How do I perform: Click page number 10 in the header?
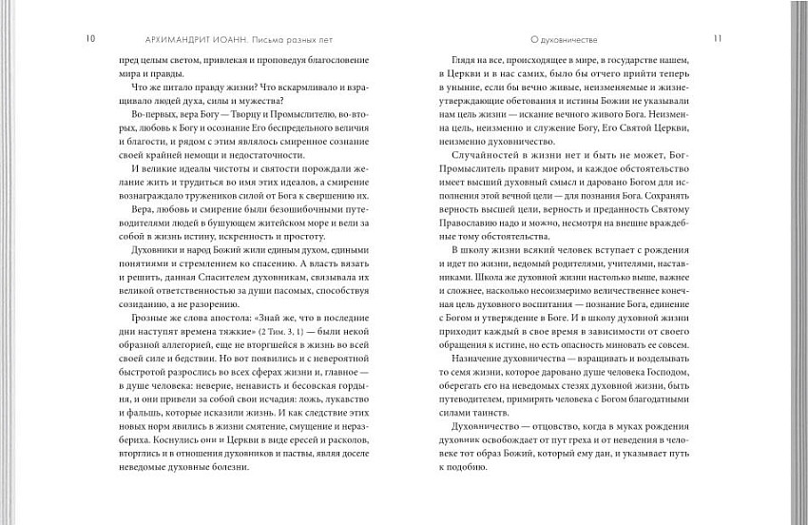[x=90, y=39]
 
